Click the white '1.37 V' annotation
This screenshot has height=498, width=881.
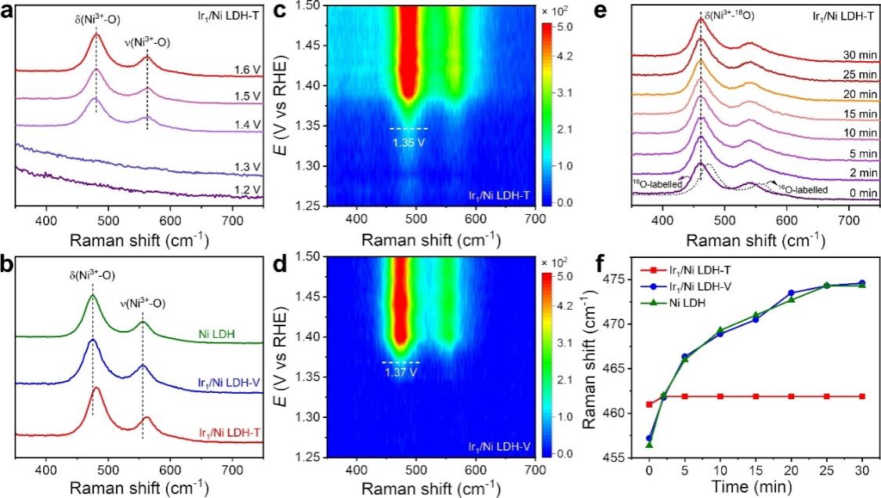(400, 372)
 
